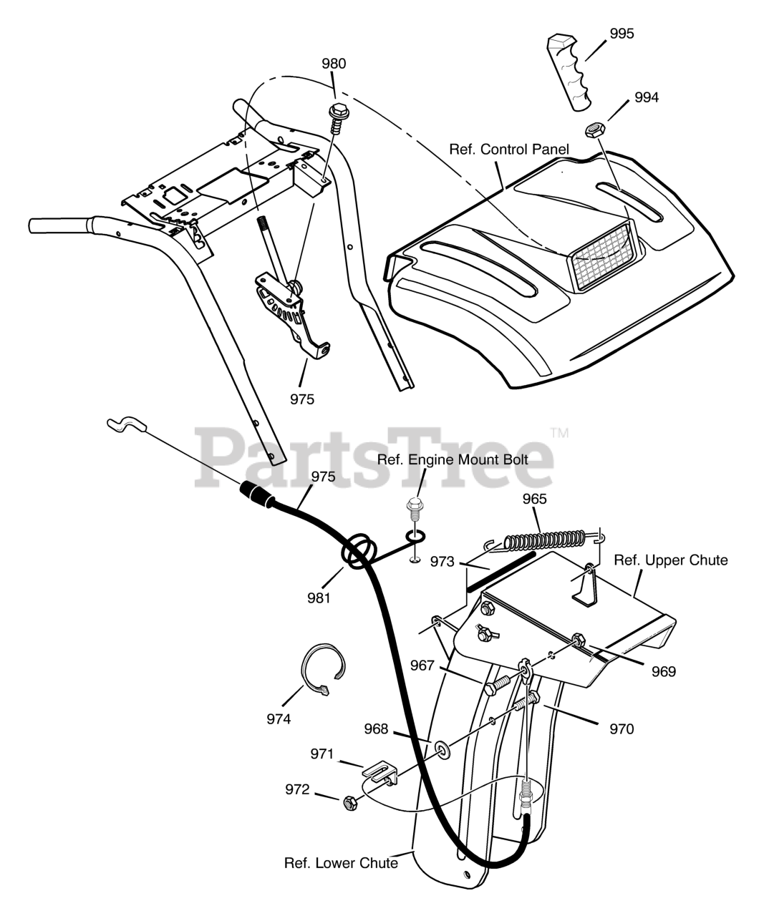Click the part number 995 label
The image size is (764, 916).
[x=622, y=34]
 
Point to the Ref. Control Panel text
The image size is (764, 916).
[x=508, y=150]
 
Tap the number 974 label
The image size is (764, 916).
[x=279, y=718]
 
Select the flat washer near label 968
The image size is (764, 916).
[x=442, y=749]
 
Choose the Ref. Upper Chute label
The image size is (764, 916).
[x=670, y=560]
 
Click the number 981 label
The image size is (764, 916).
[x=319, y=598]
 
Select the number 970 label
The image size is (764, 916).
[x=621, y=729]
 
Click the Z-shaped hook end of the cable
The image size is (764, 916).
[x=126, y=426]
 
